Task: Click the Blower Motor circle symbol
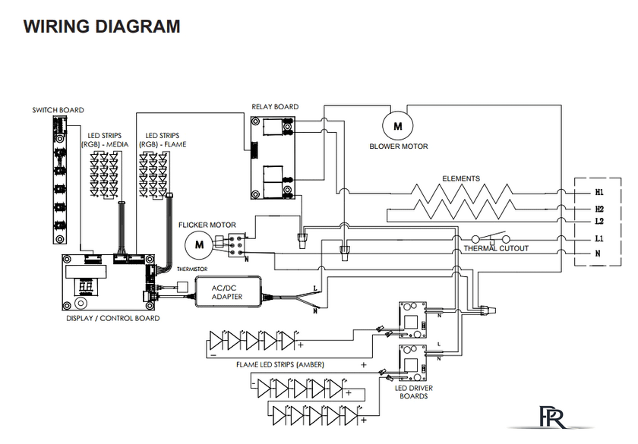[397, 126]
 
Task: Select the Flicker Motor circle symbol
[199, 244]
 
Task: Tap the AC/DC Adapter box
[228, 291]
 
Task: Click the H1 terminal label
[599, 192]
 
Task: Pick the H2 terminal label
[599, 209]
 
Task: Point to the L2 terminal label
[599, 221]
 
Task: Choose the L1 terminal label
[599, 238]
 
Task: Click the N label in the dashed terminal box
[598, 253]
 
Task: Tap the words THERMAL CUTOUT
[496, 248]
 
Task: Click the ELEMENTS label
[461, 178]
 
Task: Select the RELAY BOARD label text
[275, 107]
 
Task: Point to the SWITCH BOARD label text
[58, 110]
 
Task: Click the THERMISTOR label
[192, 269]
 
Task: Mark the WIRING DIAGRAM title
[102, 27]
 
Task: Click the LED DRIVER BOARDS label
[414, 392]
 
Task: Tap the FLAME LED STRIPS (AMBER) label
[280, 365]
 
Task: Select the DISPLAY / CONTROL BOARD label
[113, 318]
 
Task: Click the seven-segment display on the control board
[87, 288]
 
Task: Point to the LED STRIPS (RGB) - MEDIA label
[105, 140]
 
